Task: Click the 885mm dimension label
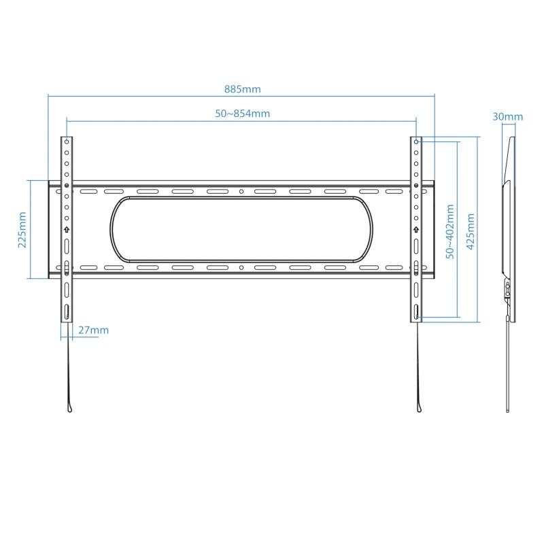click(242, 89)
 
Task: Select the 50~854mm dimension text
click(242, 114)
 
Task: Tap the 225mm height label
click(22, 229)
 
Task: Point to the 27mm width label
click(93, 330)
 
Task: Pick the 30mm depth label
click(508, 116)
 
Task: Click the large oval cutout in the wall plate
click(241, 229)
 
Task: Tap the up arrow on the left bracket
click(67, 229)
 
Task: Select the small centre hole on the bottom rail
click(241, 267)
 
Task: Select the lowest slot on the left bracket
click(67, 313)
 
